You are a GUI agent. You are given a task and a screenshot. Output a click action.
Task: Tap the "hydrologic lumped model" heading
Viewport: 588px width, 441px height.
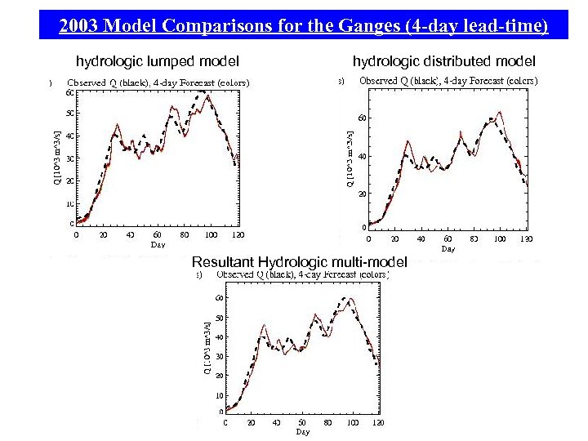[158, 61]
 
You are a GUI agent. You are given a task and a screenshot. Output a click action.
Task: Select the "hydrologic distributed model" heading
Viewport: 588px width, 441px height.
[443, 61]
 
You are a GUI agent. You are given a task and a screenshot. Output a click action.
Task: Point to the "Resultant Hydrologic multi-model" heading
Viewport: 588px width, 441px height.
[299, 262]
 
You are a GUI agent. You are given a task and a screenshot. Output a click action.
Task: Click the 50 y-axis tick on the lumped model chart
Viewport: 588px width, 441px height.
[70, 113]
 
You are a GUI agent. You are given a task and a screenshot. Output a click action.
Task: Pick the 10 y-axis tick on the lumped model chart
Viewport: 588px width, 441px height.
[70, 203]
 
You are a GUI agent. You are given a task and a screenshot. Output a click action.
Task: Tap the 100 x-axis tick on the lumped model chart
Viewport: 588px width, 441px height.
[212, 235]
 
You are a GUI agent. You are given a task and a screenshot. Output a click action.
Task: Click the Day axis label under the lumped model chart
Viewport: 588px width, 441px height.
[158, 244]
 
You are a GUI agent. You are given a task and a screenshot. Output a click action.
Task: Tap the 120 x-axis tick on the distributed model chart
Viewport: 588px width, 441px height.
[527, 239]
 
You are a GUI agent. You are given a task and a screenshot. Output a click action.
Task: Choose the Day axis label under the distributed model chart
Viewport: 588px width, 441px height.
[448, 248]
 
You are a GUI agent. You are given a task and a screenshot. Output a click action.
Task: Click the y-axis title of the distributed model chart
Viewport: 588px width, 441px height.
[350, 159]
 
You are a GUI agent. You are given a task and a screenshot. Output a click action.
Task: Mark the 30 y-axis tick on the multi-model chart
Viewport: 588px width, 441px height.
[219, 356]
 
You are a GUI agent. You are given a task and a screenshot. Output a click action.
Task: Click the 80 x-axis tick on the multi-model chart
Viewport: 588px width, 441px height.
[327, 423]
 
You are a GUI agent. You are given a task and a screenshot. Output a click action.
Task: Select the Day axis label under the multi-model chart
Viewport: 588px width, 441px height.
[303, 431]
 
